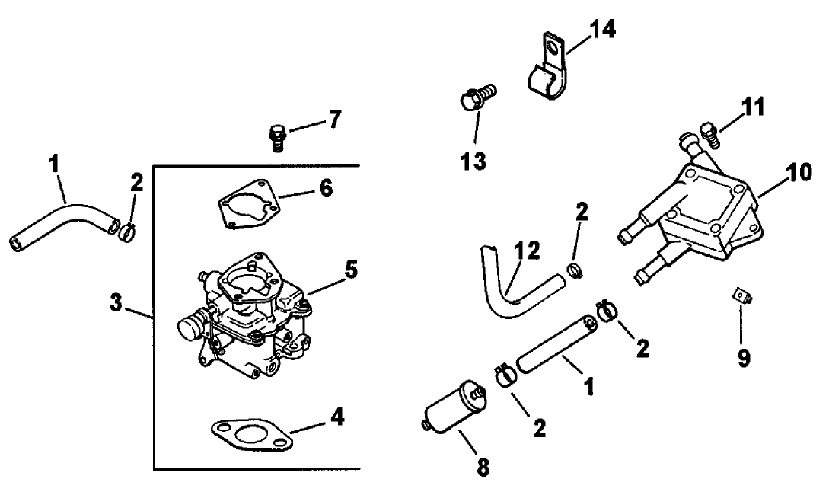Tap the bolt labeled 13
click(477, 98)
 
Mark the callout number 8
click(483, 465)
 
